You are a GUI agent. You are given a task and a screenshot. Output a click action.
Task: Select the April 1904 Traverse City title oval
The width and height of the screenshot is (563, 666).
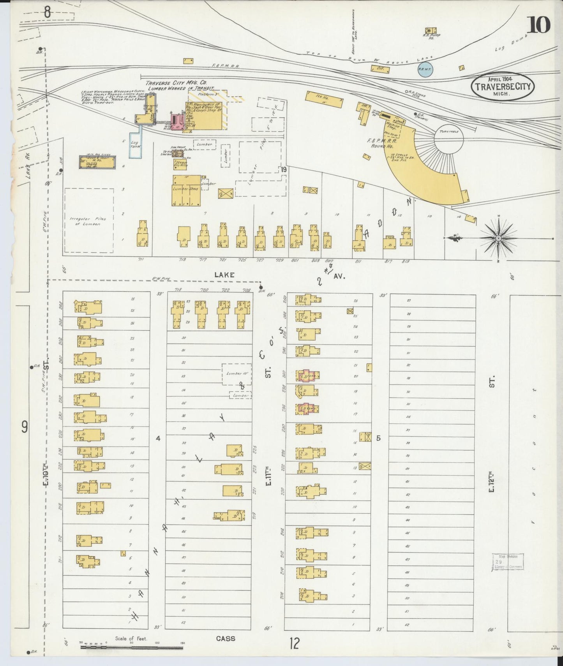coord(503,86)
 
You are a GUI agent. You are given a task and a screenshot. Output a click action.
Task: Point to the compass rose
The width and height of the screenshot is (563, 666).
coord(498,238)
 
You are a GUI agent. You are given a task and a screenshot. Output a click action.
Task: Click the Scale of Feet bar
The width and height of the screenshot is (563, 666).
coord(132,648)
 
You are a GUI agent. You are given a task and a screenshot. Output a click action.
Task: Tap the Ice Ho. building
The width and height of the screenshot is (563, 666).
coord(324,100)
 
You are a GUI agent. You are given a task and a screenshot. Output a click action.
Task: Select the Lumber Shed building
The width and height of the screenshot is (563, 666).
coord(187,191)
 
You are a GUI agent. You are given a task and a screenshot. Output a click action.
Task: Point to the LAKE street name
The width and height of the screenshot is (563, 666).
coord(224,275)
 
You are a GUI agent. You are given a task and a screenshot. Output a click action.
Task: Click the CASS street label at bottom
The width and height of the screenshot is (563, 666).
coord(226,638)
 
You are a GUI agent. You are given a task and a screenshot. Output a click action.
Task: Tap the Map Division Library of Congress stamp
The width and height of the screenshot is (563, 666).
coord(507,562)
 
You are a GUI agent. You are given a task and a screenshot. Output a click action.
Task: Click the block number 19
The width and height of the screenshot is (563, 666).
coord(283,169)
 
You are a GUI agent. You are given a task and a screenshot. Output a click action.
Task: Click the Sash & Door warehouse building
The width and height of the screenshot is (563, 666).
coord(97,162)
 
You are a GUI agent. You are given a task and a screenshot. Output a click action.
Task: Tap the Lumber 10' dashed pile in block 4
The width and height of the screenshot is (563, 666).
coord(236,374)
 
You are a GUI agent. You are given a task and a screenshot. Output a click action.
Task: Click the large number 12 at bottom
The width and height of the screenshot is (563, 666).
coord(295,643)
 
